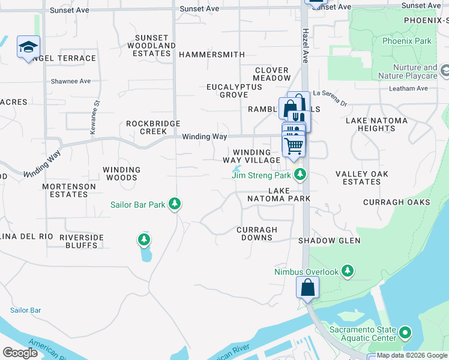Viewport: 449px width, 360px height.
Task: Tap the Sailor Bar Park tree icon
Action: pyautogui.click(x=175, y=205)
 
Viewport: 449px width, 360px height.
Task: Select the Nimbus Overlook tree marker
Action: pyautogui.click(x=347, y=272)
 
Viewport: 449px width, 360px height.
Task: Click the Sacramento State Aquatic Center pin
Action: pyautogui.click(x=405, y=332)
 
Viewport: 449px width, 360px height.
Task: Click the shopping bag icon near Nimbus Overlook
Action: pyautogui.click(x=307, y=288)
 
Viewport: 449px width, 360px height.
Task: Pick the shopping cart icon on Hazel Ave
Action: pyautogui.click(x=294, y=145)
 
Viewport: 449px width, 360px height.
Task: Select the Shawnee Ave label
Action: pyautogui.click(x=70, y=81)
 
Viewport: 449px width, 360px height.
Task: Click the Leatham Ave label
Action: pyautogui.click(x=409, y=88)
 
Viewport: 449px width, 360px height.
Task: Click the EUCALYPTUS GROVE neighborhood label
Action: pyautogui.click(x=234, y=91)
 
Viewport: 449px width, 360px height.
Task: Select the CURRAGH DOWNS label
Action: pyautogui.click(x=257, y=233)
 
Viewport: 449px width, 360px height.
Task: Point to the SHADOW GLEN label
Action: pyautogui.click(x=330, y=241)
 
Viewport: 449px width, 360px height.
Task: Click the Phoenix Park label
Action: pyautogui.click(x=407, y=41)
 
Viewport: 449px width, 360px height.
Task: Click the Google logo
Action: pyautogui.click(x=20, y=353)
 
